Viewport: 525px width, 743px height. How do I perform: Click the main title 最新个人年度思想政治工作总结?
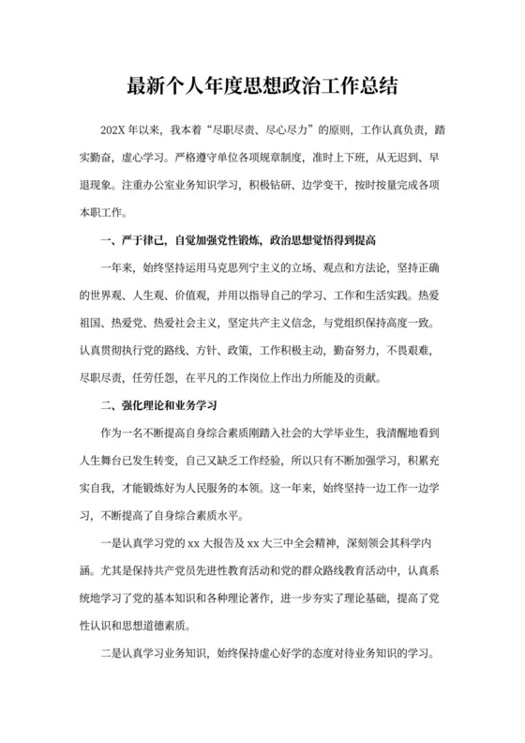262,87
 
